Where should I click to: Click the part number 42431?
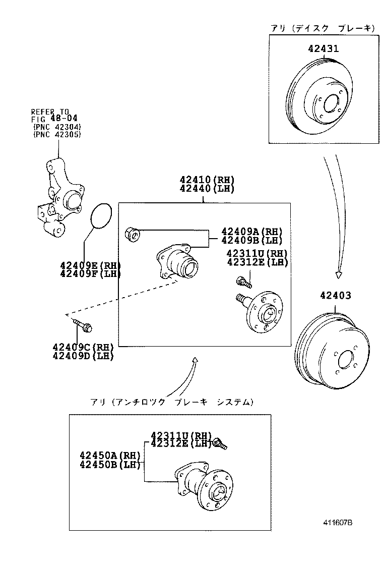click(323, 49)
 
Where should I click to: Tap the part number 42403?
click(335, 296)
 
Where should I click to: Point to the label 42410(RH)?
click(207, 180)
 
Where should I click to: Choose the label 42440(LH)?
click(207, 189)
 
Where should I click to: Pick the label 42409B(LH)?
click(252, 240)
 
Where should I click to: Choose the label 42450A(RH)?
click(109, 455)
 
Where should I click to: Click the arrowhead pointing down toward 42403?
click(339, 275)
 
